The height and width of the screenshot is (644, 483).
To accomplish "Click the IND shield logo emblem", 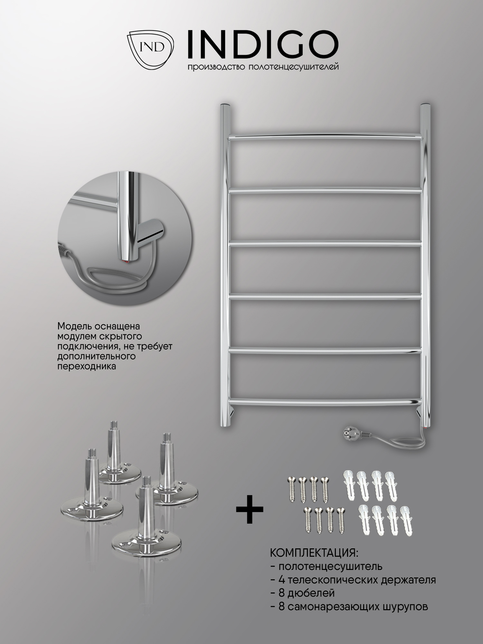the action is point(151,49).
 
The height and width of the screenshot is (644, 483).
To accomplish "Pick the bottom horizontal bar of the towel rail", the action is point(325,402).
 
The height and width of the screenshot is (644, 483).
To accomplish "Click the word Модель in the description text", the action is point(75,326).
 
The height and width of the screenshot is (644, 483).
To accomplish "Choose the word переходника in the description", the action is point(87,366).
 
